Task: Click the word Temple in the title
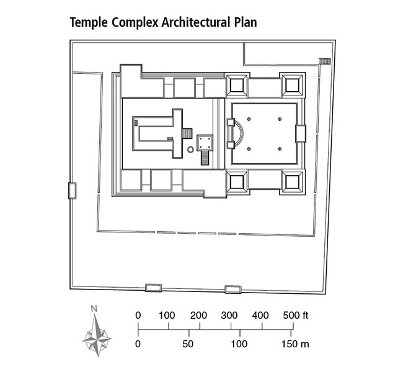coord(87,23)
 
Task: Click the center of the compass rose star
coord(96,337)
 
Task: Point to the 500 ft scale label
coord(295,315)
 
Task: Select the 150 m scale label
coord(295,343)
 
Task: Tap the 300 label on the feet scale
coord(229,315)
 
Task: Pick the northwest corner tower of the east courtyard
coord(238,84)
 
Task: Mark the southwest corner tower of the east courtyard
coord(238,182)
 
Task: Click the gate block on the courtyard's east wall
coord(301,133)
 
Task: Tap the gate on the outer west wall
coord(73,190)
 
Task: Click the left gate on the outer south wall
coord(153,288)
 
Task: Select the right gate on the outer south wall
coord(232,289)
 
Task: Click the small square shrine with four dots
coord(205,143)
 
